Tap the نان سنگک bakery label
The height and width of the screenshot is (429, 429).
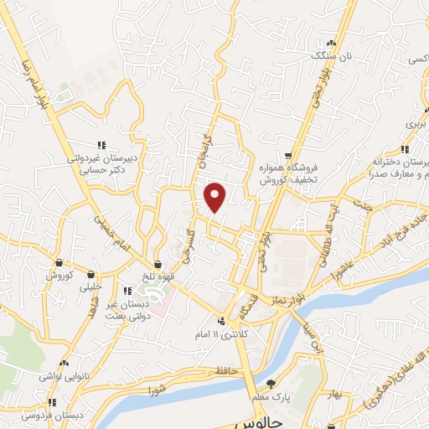[328, 55]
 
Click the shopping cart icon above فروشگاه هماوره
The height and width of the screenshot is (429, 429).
[288, 156]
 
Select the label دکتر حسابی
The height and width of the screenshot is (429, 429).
[103, 168]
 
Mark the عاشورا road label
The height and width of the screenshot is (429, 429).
[345, 268]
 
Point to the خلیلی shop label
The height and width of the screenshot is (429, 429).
[90, 286]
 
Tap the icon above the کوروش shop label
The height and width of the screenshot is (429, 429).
[59, 262]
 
